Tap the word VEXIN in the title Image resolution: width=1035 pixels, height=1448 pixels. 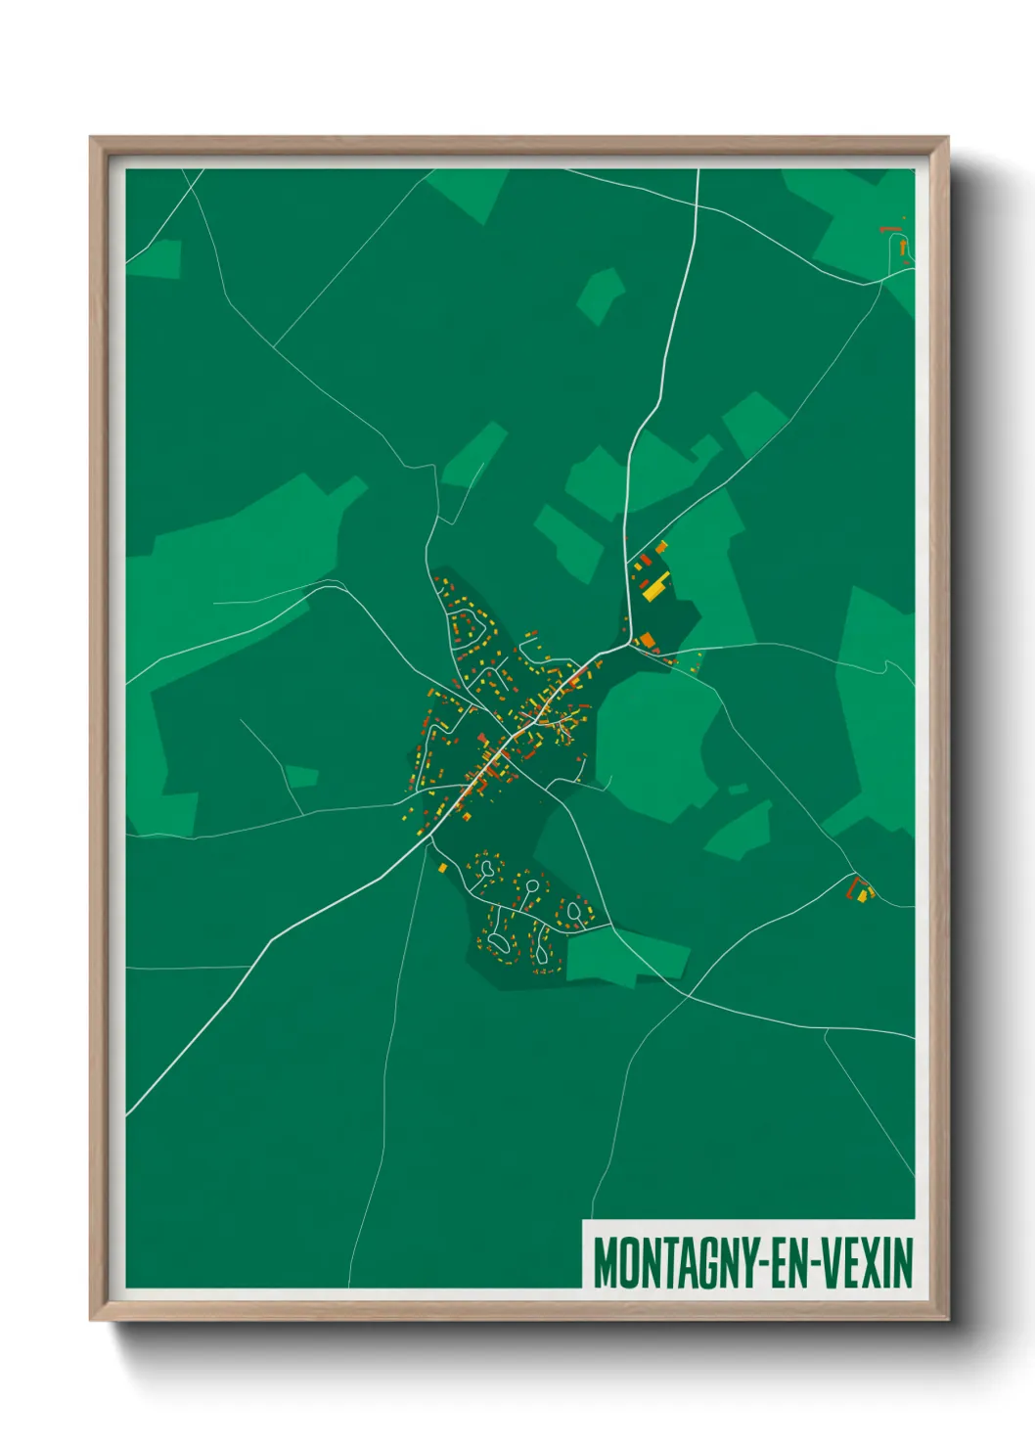point(866,1263)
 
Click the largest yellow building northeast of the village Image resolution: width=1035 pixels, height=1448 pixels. point(654,587)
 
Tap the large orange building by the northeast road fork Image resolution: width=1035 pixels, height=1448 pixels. point(647,641)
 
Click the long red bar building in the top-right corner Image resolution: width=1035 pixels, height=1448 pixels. point(889,229)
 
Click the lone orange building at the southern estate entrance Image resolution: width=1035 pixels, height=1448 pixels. point(442,867)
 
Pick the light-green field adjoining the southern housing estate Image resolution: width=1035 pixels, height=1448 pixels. point(626,955)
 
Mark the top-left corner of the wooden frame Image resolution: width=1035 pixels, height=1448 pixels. point(91,138)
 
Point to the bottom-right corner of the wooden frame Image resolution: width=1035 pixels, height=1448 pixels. point(948,1320)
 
